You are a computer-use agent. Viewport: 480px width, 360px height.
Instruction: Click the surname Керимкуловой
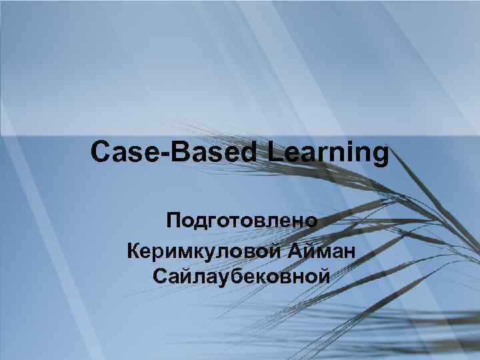204,252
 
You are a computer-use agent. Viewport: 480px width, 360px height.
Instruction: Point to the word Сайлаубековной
241,275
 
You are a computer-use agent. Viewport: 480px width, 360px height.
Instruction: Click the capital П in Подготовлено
174,221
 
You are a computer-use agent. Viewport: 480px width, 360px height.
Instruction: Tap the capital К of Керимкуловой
132,251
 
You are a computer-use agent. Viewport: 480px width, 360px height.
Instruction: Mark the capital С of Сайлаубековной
159,275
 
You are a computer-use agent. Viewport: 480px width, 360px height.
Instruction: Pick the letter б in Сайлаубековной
231,275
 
